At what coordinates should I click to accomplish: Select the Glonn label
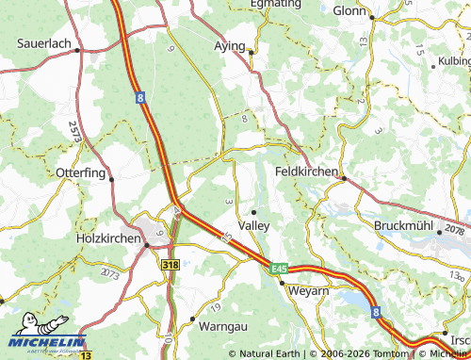[349, 9]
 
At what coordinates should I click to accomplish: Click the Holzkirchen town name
[107, 239]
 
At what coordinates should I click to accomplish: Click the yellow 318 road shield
[171, 266]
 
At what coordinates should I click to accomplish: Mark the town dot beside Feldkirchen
[344, 177]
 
